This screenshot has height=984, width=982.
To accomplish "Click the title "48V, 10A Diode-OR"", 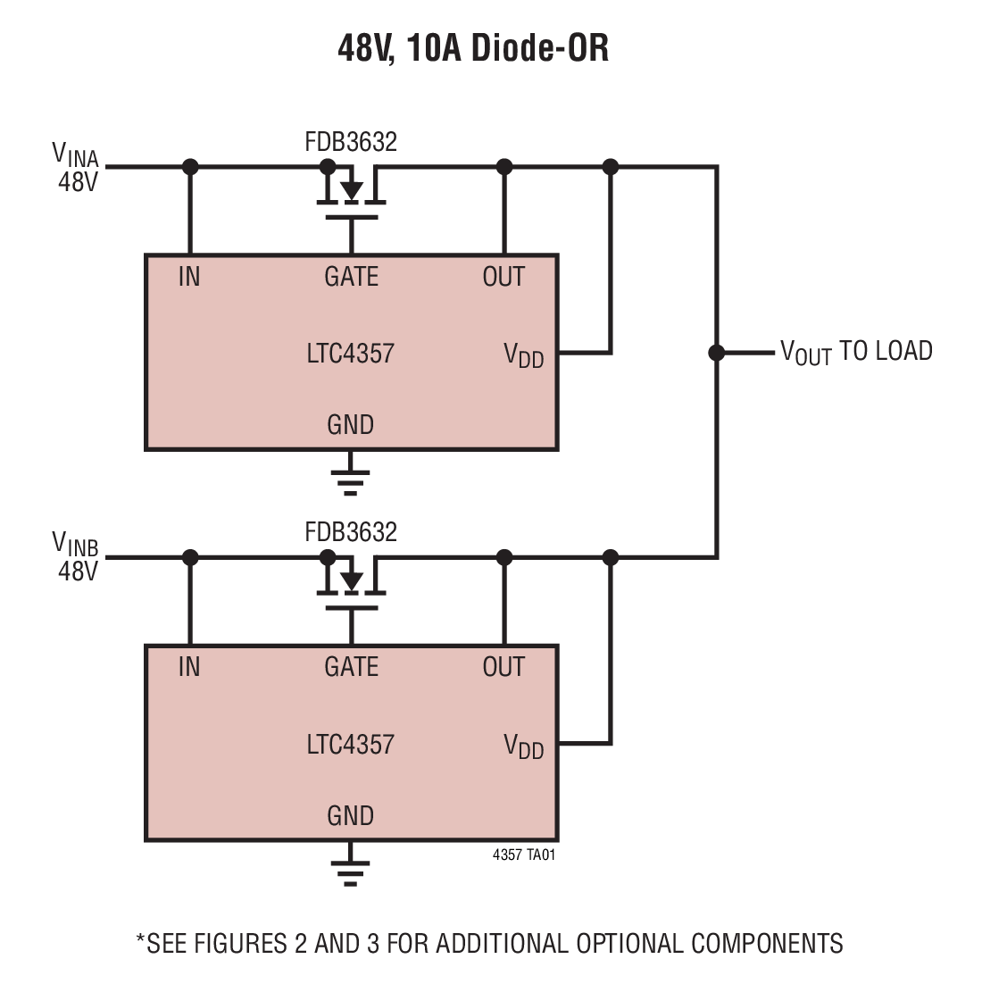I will click(473, 48).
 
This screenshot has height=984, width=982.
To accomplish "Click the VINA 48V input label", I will click(76, 167).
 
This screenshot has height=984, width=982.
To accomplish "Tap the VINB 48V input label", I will click(76, 556).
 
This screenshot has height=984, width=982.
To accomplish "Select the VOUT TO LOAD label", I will click(855, 352).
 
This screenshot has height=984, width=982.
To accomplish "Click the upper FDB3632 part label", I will click(351, 142).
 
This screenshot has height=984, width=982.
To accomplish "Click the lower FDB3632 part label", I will click(351, 532).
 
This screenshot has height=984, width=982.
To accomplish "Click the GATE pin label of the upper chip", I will click(351, 277).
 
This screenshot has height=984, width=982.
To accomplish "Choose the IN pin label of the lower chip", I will click(189, 667).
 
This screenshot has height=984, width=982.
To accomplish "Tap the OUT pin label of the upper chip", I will click(503, 277).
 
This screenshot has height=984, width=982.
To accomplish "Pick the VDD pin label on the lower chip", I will click(524, 746).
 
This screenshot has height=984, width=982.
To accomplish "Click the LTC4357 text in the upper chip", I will click(350, 354).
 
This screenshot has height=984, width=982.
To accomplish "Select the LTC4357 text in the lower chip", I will click(350, 745).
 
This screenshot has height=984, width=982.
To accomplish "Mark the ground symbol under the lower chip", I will click(351, 871).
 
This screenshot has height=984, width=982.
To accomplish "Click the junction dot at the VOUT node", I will click(716, 353).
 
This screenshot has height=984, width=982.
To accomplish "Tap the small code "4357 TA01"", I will click(524, 855).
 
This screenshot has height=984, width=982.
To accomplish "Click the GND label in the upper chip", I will click(350, 425).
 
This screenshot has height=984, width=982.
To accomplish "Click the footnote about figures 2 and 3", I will click(489, 944).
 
